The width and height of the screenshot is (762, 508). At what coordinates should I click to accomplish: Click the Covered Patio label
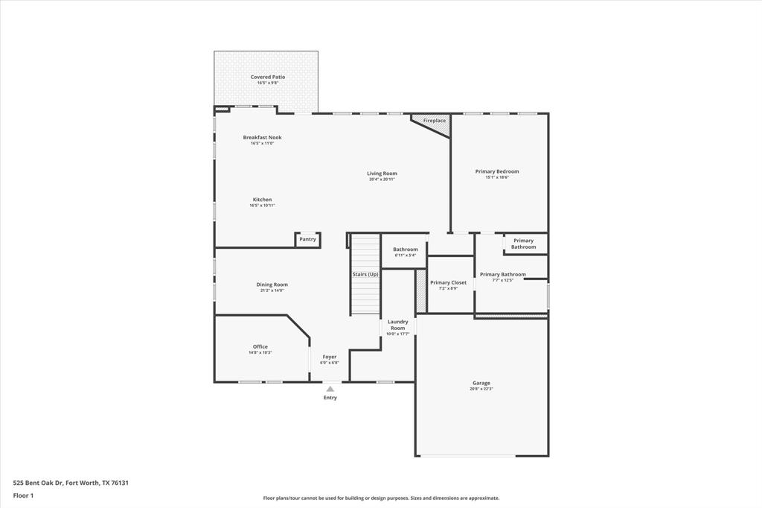[x=267, y=77]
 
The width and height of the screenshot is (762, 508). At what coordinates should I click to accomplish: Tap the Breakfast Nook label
[x=262, y=137]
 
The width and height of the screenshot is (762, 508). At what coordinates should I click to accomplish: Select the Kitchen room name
[x=262, y=200]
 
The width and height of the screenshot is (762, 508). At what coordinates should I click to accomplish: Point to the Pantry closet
[x=307, y=239]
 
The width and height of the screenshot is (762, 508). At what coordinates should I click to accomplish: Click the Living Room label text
[x=382, y=174]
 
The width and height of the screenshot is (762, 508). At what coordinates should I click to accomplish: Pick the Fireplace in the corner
[x=435, y=121]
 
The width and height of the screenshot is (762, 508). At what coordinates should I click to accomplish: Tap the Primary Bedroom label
[x=497, y=171]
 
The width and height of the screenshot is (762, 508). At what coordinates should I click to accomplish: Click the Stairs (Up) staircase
[x=365, y=274]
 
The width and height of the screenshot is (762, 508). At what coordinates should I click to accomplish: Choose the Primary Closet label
[x=448, y=282]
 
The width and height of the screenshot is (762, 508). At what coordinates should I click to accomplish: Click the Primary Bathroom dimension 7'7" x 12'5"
[x=503, y=281]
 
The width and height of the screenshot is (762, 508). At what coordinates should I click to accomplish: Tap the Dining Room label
[x=272, y=285]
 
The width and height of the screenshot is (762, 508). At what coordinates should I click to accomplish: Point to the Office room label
[x=260, y=346]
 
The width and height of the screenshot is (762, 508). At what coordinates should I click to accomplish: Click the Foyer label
[x=329, y=357]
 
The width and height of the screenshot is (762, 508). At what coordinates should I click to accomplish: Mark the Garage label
[x=481, y=383]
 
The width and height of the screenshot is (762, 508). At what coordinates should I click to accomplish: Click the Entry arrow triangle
[x=330, y=388]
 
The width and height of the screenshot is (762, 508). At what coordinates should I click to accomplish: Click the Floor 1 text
[x=24, y=495]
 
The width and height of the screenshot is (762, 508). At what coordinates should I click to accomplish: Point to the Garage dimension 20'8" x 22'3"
[x=481, y=389]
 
